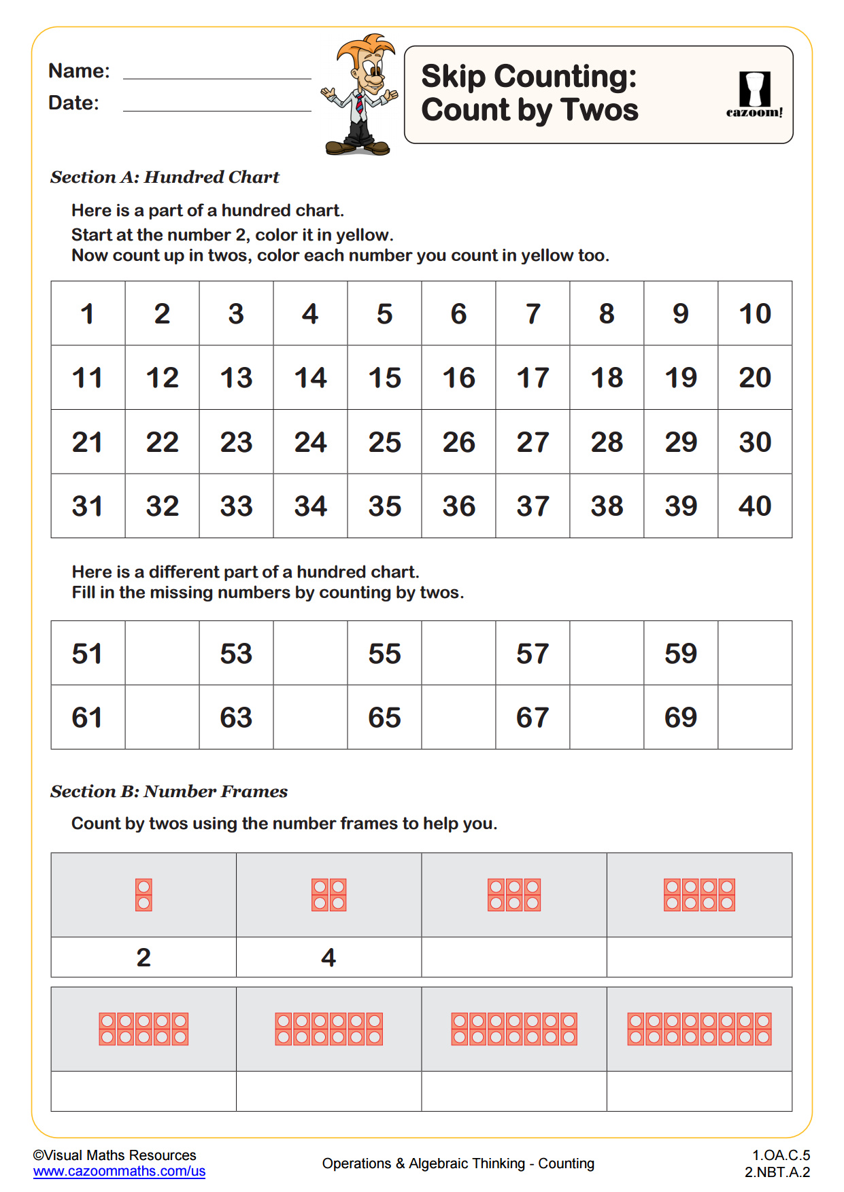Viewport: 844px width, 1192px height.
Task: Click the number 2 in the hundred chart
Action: (162, 314)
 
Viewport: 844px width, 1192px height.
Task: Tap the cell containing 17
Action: (533, 378)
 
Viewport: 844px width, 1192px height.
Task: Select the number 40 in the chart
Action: (754, 506)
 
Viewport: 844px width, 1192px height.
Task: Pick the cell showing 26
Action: (458, 442)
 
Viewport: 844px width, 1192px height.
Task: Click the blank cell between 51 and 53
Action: (162, 653)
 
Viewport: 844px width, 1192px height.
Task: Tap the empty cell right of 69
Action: (754, 718)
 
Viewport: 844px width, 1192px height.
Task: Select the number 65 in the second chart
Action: (384, 718)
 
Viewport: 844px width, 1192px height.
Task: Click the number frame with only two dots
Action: (144, 895)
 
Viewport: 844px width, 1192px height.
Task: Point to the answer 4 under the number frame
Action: (328, 958)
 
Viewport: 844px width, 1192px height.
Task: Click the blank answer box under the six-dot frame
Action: (514, 958)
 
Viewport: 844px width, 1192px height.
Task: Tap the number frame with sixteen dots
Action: (699, 1029)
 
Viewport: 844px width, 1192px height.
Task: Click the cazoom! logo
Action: (754, 95)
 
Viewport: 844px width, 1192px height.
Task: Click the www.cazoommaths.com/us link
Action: (119, 1172)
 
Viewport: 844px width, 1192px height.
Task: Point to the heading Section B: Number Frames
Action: (169, 792)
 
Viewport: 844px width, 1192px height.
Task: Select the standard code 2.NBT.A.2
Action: (777, 1172)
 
